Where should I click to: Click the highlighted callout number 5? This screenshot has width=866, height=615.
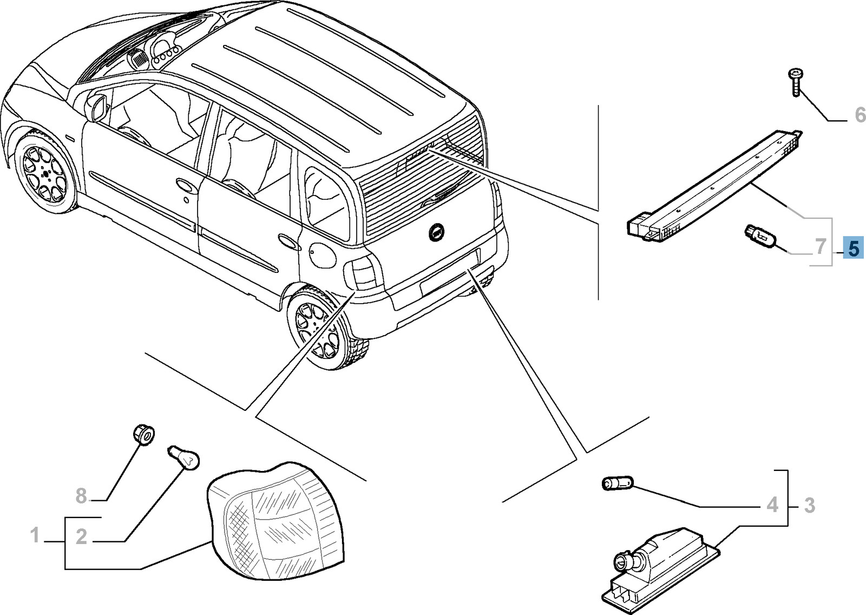(853, 248)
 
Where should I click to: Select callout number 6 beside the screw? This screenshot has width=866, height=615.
(860, 115)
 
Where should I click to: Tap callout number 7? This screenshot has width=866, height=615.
(821, 247)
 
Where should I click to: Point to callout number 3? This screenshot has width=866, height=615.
(809, 506)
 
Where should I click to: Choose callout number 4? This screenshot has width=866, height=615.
(772, 505)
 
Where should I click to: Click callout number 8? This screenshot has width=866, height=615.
(81, 495)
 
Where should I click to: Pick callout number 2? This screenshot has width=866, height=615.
(81, 537)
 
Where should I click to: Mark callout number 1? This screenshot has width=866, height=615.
(35, 536)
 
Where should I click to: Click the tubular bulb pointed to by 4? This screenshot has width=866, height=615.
(618, 483)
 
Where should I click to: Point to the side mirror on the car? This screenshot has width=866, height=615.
(98, 108)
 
